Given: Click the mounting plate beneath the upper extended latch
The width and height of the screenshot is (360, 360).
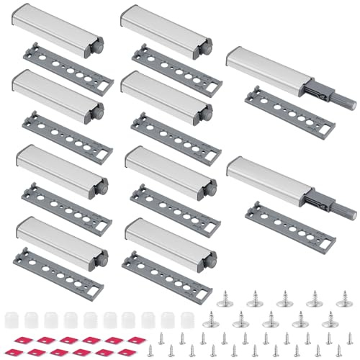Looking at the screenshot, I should click(x=289, y=110).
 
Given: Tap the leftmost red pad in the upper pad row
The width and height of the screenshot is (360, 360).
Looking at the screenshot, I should click(x=22, y=339).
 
